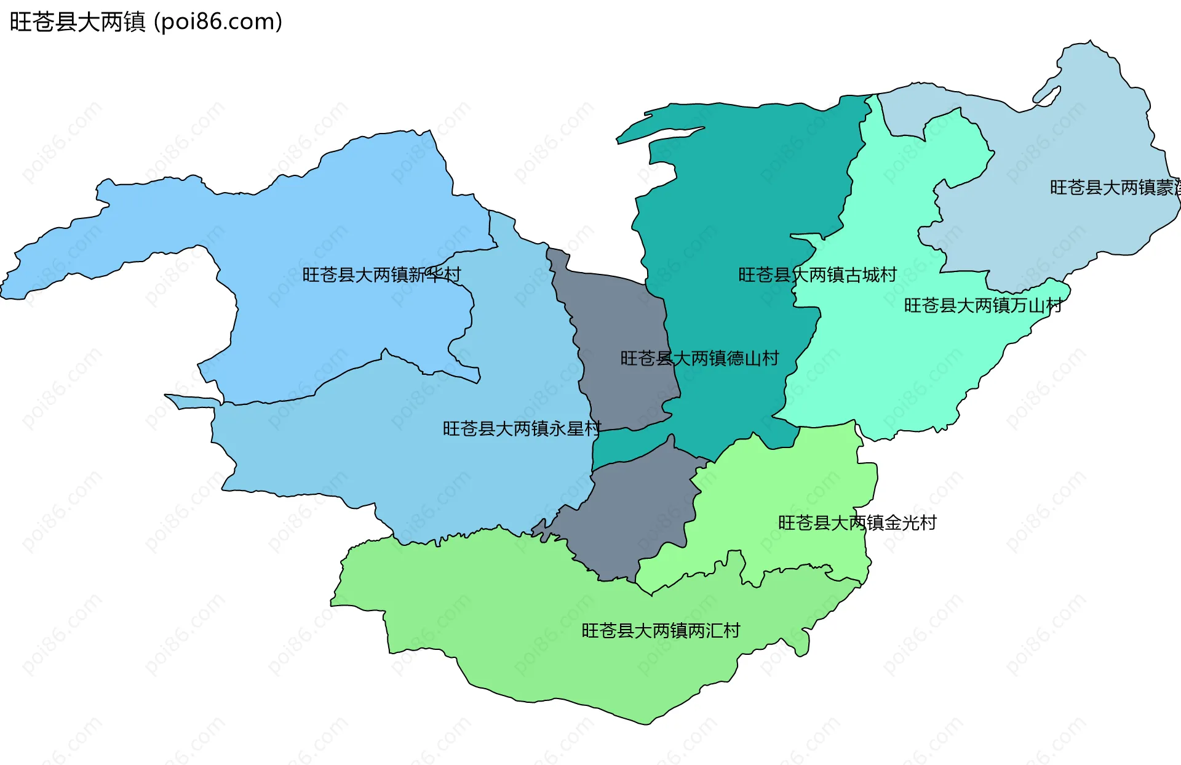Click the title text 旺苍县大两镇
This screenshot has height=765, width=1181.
click(x=78, y=22)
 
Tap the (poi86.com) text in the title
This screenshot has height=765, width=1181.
click(x=218, y=22)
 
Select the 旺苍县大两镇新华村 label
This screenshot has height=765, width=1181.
click(x=381, y=274)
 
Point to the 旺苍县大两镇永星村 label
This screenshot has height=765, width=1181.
click(x=522, y=428)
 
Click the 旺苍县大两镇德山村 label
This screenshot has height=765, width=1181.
click(x=699, y=358)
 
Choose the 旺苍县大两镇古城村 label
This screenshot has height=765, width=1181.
click(x=817, y=274)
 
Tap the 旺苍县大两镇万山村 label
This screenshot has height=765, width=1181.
click(x=983, y=305)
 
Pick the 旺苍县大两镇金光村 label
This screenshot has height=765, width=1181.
click(x=857, y=523)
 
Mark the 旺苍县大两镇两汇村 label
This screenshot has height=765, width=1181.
click(x=661, y=630)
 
